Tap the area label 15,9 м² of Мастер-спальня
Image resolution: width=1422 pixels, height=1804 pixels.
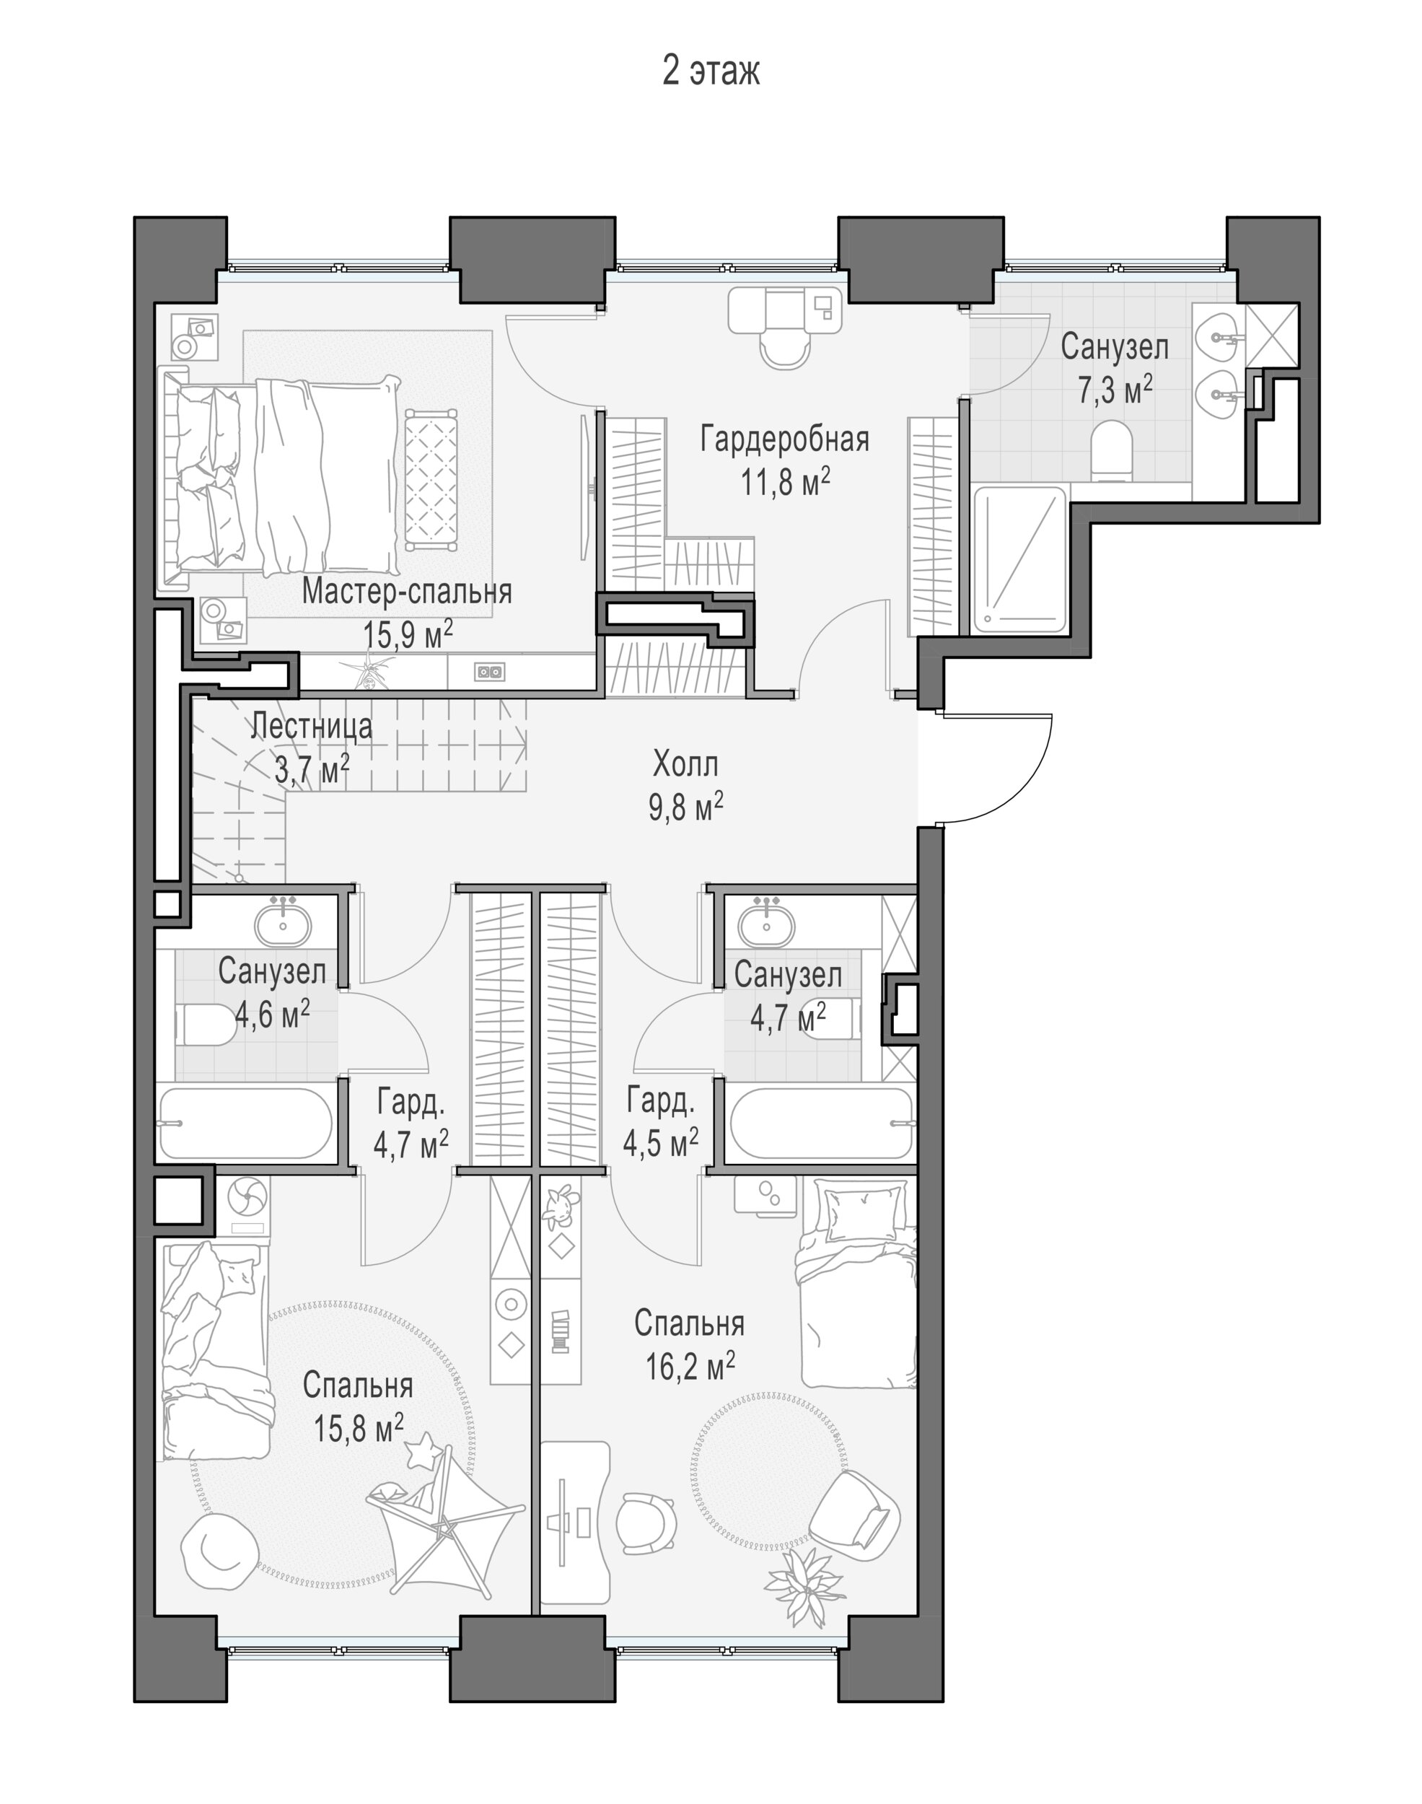click(x=408, y=634)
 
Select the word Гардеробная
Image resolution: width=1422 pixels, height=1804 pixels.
click(x=784, y=439)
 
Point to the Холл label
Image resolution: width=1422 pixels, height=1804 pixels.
click(x=685, y=763)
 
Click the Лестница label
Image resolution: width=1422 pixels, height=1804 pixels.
click(x=312, y=726)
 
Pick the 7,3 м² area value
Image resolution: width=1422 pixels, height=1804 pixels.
click(x=1115, y=389)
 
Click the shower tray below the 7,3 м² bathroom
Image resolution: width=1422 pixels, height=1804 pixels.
click(x=1021, y=559)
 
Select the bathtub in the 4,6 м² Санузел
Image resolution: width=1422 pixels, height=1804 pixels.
click(x=245, y=1123)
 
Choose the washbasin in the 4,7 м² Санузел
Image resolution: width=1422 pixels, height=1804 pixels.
click(x=766, y=924)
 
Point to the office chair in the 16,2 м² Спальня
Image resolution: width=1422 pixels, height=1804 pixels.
click(x=646, y=1523)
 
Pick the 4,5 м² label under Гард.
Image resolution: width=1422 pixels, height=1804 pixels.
click(x=661, y=1142)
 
